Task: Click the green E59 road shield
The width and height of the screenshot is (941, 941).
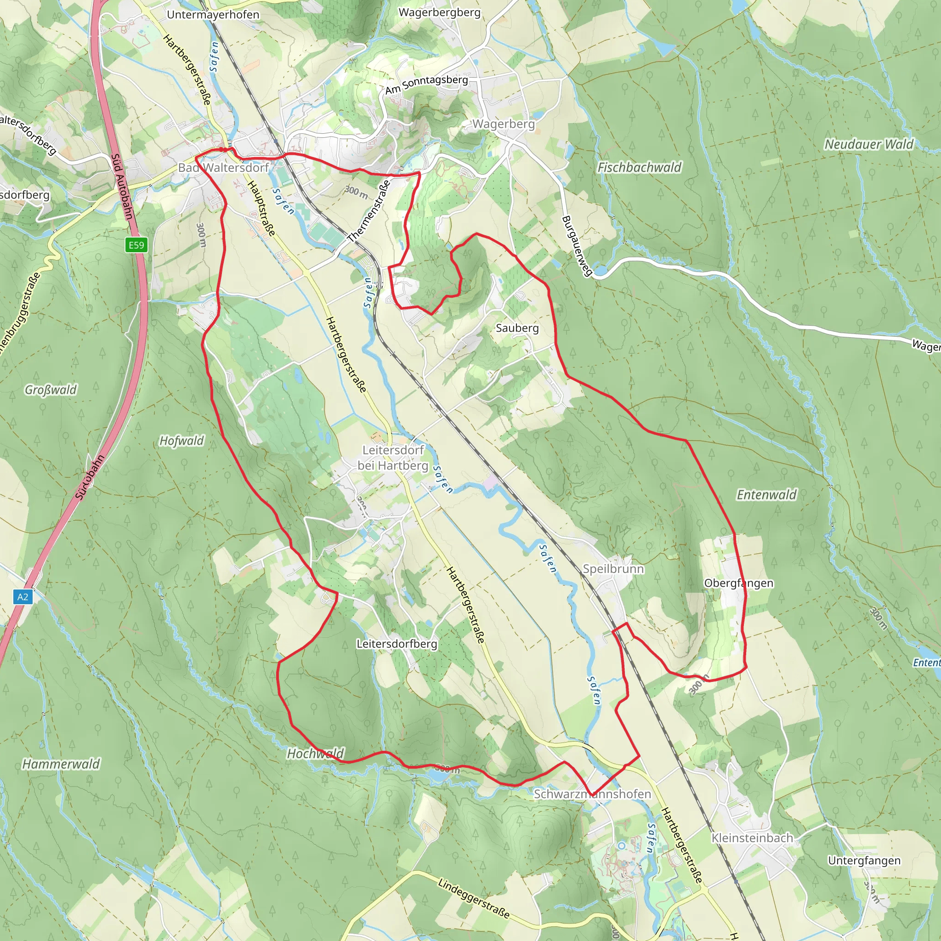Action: coord(136,245)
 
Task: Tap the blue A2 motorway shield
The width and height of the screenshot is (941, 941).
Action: coord(23,597)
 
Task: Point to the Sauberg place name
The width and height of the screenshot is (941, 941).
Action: coord(517,328)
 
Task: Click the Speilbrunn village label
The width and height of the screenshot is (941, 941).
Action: coord(613,569)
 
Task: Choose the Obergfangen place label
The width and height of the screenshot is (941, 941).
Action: coord(738,583)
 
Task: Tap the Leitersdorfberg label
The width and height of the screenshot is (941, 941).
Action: coord(397,643)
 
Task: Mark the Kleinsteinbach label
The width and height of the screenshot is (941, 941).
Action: coord(752,838)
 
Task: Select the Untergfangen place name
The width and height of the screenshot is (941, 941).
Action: coord(864,861)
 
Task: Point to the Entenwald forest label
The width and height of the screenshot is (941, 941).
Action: coord(766,495)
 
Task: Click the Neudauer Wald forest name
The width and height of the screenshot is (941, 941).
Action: coord(869,144)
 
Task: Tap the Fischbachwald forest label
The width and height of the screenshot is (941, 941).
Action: coord(640,168)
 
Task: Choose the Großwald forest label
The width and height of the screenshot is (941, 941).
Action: coord(51,390)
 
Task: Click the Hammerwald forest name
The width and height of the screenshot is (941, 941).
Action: coord(61,764)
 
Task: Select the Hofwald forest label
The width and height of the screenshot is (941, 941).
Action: coord(181,441)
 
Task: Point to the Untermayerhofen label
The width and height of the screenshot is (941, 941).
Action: coord(213,15)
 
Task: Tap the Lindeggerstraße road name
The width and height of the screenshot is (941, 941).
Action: coord(473,898)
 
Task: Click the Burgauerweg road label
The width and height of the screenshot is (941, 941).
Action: coord(577,246)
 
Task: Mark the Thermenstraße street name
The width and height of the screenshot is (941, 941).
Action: coord(369,211)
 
